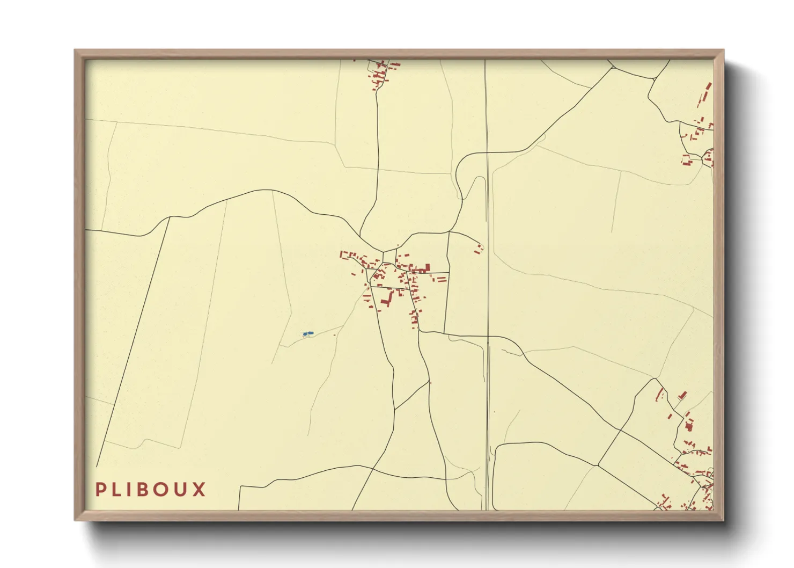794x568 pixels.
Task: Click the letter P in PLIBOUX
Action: click(x=100, y=490)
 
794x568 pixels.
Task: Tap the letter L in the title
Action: click(x=117, y=490)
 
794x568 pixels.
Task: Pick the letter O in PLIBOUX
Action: click(x=165, y=490)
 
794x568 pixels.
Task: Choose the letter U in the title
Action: click(x=183, y=490)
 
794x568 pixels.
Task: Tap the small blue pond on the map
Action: click(x=308, y=334)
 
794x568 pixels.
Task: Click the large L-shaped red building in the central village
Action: click(x=386, y=298)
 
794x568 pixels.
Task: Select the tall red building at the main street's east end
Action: click(x=428, y=267)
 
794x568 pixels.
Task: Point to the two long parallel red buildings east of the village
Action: click(x=441, y=280)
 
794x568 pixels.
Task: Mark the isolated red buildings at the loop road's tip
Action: click(x=479, y=249)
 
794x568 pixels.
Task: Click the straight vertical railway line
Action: click(x=487, y=268)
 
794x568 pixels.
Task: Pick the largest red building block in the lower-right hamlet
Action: click(x=689, y=425)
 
